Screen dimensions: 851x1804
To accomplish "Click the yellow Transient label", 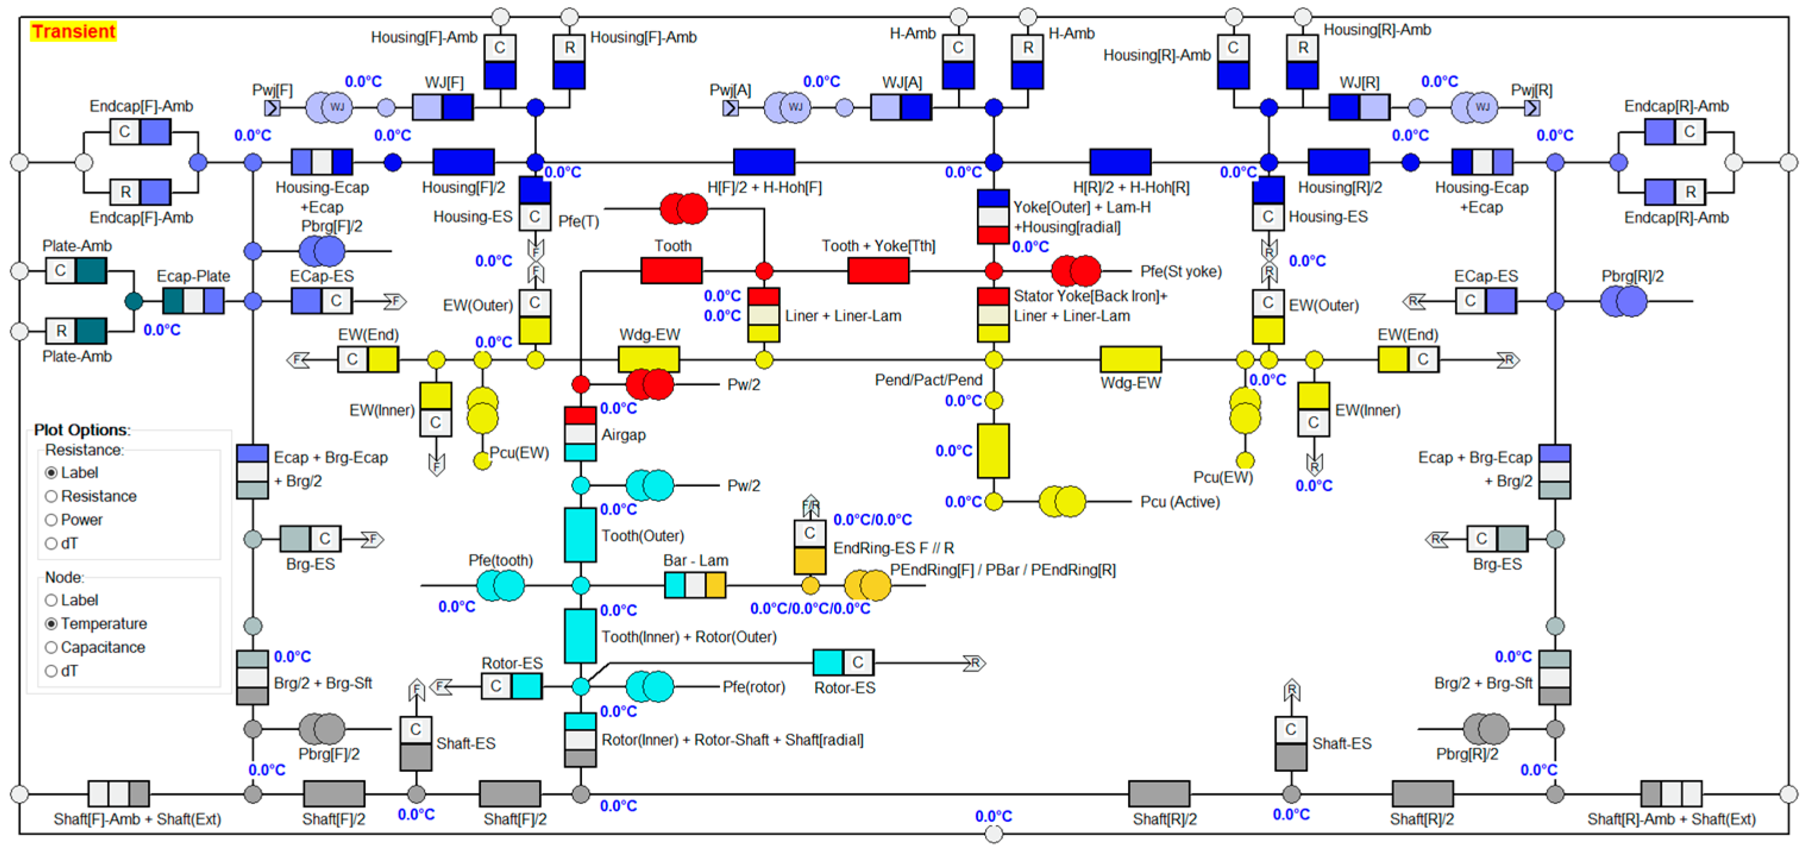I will tap(73, 31).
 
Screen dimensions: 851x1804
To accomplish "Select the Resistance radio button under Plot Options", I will tap(51, 496).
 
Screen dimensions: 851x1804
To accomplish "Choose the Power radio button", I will tap(51, 520).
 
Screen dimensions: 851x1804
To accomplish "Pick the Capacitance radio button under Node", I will tap(51, 647).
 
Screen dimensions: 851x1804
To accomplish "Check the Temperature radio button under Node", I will tap(51, 623).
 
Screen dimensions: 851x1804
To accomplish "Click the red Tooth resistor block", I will tap(671, 271).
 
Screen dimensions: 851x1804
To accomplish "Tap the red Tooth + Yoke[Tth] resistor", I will tap(878, 271).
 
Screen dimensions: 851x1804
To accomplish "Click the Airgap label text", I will tap(623, 434).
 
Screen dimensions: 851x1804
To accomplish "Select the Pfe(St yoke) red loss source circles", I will tap(1076, 271).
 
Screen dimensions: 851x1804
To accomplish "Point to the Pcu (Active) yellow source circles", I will tap(1062, 502).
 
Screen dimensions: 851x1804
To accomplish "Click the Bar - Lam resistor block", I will tap(694, 585).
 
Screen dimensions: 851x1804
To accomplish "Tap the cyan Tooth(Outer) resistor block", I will tap(580, 535).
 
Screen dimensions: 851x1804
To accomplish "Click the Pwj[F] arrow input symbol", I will tap(272, 108).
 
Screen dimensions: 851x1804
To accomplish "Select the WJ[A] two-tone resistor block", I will tap(901, 108).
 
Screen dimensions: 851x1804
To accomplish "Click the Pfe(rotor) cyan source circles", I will tap(649, 686).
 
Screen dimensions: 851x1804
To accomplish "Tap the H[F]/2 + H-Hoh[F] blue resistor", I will tap(763, 162).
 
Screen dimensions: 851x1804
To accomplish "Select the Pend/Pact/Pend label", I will tap(928, 380).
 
